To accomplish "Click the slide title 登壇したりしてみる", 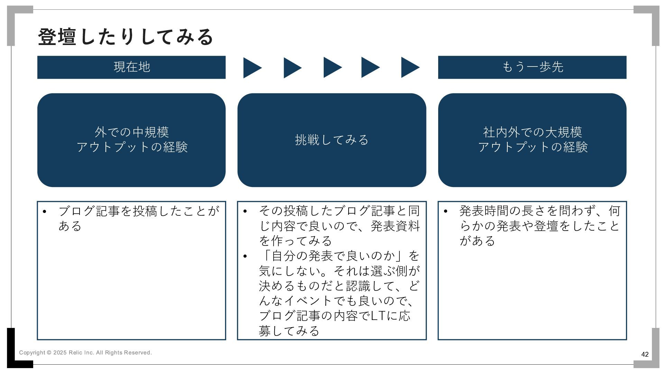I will point(126,37).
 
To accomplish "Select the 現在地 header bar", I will point(131,67).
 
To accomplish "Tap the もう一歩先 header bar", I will point(532,67).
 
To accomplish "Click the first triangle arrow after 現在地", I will point(251,68).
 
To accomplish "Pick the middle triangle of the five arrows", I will point(332,68).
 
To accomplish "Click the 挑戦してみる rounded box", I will point(332,140).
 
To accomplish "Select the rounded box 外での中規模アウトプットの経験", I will point(131,140).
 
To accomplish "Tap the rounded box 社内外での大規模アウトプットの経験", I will point(532,140).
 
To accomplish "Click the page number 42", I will point(645,354).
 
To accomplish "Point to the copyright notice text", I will point(85,353).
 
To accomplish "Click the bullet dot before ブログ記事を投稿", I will point(44,212).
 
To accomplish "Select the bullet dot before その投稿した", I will point(245,212).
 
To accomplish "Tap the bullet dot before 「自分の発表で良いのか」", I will point(245,257).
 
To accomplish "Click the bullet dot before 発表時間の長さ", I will point(445,212).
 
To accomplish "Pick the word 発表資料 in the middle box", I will point(395,226).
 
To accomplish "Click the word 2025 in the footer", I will point(60,353).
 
